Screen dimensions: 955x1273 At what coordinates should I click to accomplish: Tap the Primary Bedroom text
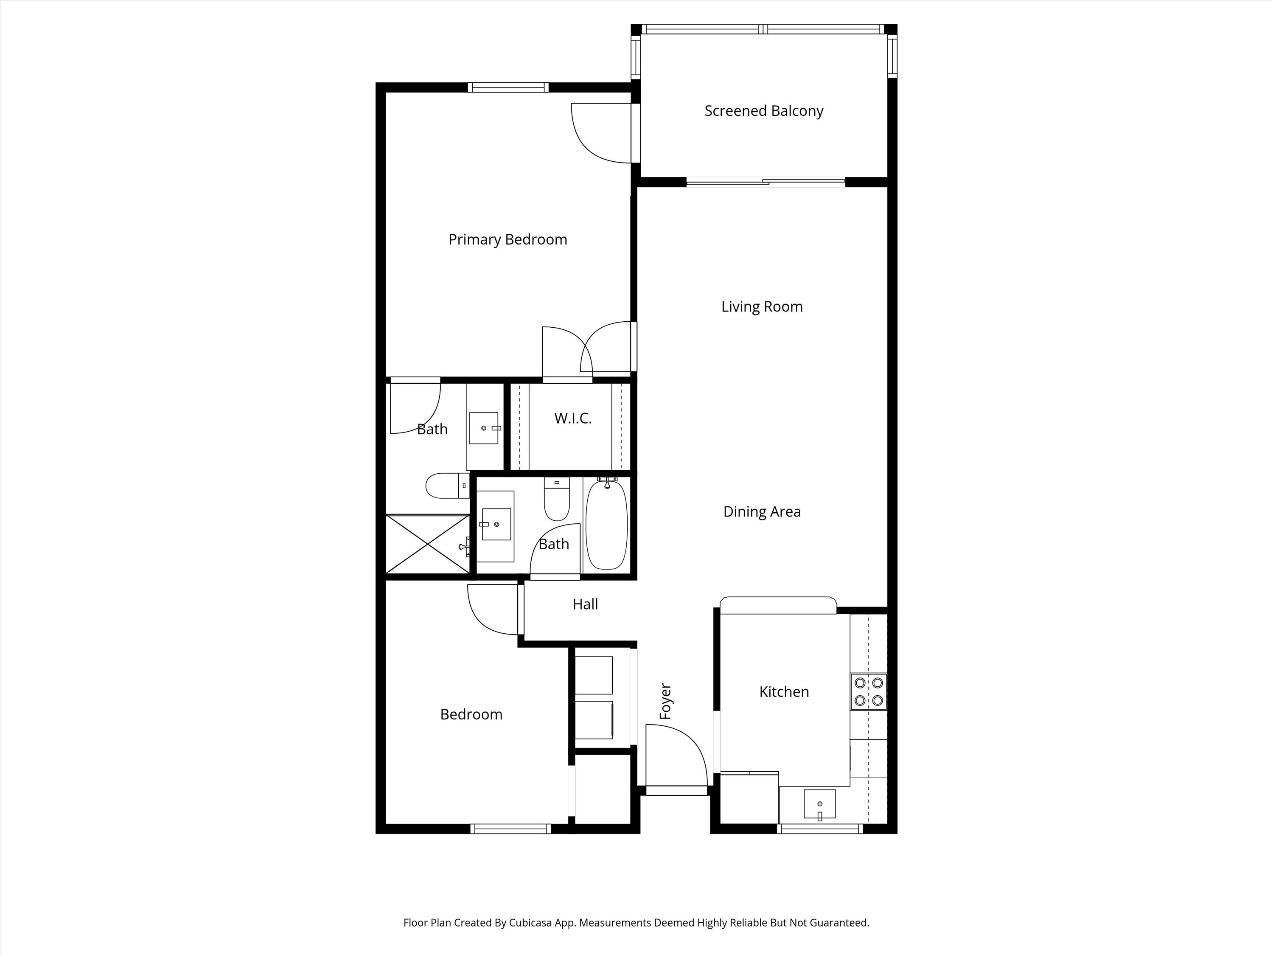coord(508,239)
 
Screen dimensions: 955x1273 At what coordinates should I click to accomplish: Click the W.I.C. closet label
coord(572,419)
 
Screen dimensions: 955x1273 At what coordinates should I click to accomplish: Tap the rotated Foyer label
coord(665,701)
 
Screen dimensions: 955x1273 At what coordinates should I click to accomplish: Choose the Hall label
coord(585,604)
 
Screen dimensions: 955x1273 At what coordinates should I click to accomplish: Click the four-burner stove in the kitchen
coord(869,691)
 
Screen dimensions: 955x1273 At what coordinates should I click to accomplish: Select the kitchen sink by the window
coord(819,803)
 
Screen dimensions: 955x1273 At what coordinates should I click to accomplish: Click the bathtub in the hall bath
coord(606,525)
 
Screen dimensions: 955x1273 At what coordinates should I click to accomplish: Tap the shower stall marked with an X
coord(428,544)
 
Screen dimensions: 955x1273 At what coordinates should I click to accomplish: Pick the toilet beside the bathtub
coord(556,499)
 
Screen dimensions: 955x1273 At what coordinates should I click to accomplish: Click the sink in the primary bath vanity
coord(483,428)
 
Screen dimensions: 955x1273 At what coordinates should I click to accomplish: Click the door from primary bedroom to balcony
coord(601,134)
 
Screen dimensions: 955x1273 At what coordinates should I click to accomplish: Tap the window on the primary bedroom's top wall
coord(508,87)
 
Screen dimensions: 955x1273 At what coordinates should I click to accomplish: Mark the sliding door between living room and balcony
coord(765,183)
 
